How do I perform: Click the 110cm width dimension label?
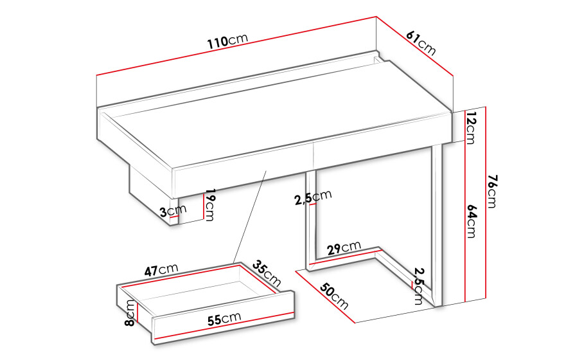click(227, 40)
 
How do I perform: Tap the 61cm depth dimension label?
click(421, 43)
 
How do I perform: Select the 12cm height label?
click(471, 127)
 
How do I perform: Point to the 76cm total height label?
click(492, 191)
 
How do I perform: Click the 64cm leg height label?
click(471, 221)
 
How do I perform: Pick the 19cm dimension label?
click(210, 204)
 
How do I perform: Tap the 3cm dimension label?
click(173, 211)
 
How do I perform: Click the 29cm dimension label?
click(344, 248)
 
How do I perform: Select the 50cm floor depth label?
click(334, 296)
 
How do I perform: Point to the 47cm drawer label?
click(161, 269)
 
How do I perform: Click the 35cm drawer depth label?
click(267, 273)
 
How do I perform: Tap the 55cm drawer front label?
click(224, 319)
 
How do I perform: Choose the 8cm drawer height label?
click(130, 312)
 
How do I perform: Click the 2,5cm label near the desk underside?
click(313, 197)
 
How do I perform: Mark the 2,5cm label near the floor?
click(420, 286)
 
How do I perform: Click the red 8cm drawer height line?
click(137, 312)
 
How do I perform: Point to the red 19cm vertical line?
click(204, 206)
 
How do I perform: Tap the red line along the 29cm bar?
click(346, 257)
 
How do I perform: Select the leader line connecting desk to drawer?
click(250, 217)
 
